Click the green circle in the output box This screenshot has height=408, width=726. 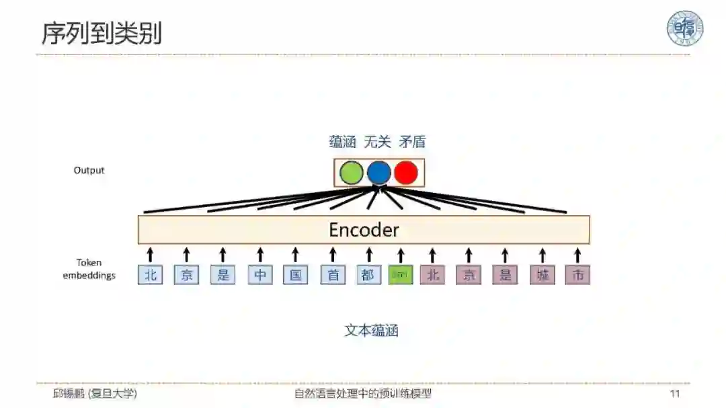pyautogui.click(x=351, y=173)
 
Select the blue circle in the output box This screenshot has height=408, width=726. pyautogui.click(x=378, y=173)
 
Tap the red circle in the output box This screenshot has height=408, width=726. pyautogui.click(x=406, y=173)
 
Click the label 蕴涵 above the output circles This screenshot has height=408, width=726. pyautogui.click(x=342, y=142)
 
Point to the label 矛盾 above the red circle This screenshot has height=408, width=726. pyautogui.click(x=412, y=142)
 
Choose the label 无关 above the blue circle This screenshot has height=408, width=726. pyautogui.click(x=377, y=142)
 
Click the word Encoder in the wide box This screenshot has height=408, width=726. pyautogui.click(x=364, y=230)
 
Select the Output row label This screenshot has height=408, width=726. pyautogui.click(x=89, y=170)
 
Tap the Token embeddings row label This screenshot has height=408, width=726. pyautogui.click(x=89, y=269)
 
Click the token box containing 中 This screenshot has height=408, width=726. pyautogui.click(x=260, y=275)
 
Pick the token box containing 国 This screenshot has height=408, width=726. pyautogui.click(x=296, y=275)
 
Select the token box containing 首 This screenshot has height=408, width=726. pyautogui.click(x=333, y=275)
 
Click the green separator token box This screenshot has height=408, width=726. pyautogui.click(x=401, y=275)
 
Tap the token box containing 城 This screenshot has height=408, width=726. pyautogui.click(x=542, y=275)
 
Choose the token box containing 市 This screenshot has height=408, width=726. pyautogui.click(x=577, y=275)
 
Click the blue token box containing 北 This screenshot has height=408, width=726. pyautogui.click(x=151, y=275)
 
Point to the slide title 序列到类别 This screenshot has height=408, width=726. pyautogui.click(x=102, y=34)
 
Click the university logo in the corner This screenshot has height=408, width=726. pyautogui.click(x=684, y=28)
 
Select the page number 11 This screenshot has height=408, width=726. pyautogui.click(x=675, y=393)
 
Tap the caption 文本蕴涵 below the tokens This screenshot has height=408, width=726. pyautogui.click(x=372, y=330)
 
